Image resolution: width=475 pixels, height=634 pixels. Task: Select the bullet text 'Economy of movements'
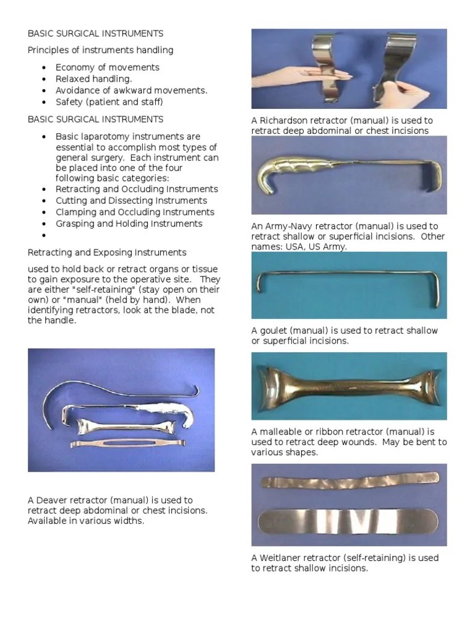(107, 67)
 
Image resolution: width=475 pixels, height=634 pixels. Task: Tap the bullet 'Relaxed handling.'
(93, 79)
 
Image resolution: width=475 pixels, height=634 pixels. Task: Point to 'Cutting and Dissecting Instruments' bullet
(131, 201)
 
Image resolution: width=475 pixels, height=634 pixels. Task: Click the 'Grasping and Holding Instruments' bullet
(129, 224)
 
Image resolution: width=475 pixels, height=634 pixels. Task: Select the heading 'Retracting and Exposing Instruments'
(107, 253)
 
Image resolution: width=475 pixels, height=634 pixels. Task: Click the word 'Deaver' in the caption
(52, 500)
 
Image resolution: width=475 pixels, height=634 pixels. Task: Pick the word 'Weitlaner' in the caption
(283, 558)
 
